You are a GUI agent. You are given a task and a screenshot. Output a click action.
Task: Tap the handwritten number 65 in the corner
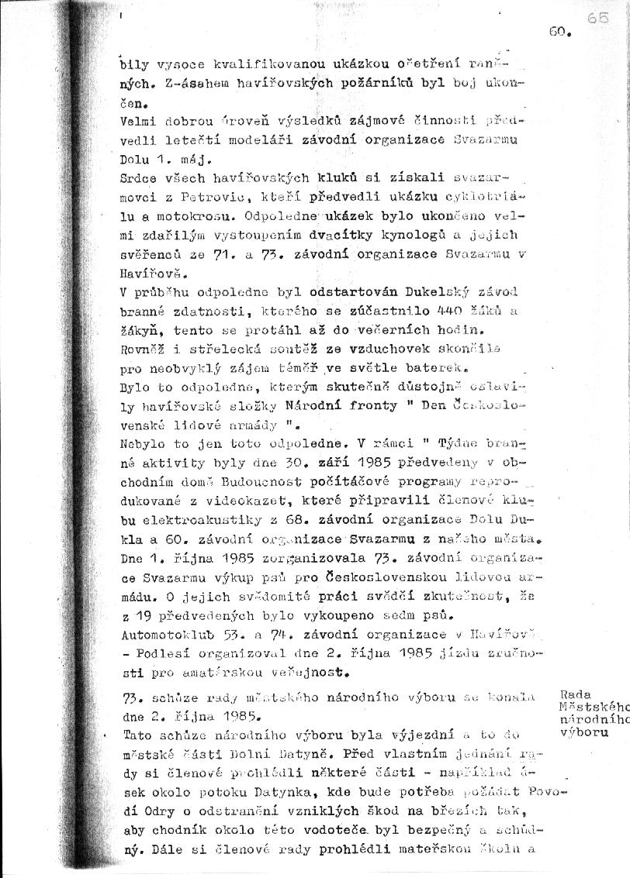coord(597,19)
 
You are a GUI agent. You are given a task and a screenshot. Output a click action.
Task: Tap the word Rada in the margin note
coord(573,696)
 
